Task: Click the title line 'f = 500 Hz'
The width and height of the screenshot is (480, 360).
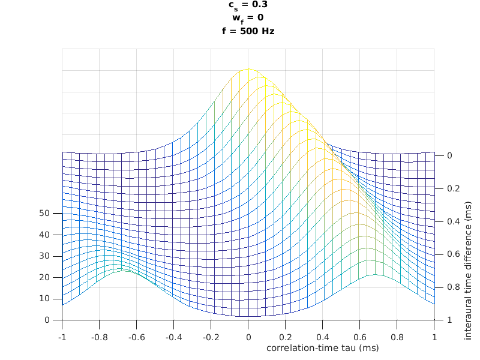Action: (248, 31)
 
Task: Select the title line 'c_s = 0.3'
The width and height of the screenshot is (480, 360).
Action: (248, 5)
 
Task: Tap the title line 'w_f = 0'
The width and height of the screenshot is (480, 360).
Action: (248, 17)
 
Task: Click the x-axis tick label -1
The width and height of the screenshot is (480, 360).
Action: (61, 338)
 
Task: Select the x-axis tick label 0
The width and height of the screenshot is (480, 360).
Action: (248, 338)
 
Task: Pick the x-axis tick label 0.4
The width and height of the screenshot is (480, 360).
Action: (322, 338)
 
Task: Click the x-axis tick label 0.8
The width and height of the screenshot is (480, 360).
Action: (397, 338)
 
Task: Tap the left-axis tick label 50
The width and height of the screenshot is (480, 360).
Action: (44, 213)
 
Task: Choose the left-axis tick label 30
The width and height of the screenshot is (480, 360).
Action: (44, 256)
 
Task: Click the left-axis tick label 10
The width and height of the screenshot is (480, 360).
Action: (44, 298)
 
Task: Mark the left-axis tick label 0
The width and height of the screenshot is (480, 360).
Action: (47, 320)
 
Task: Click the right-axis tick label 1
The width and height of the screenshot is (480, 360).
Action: (449, 320)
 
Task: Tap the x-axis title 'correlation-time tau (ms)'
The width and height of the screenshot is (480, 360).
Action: (322, 347)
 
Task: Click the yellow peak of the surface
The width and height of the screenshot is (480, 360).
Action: (248, 69)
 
